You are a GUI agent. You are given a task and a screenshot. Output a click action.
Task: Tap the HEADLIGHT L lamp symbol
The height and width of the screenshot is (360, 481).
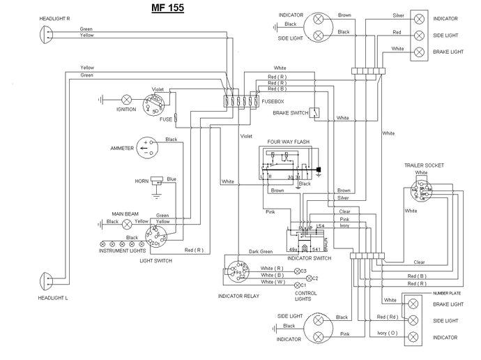[45, 282]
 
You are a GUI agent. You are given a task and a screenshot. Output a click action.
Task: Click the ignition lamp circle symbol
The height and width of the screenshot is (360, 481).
[127, 99]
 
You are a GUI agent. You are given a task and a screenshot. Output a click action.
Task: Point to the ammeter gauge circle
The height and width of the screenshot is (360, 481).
[146, 147]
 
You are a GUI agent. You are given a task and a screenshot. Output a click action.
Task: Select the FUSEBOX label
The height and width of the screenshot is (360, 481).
[273, 103]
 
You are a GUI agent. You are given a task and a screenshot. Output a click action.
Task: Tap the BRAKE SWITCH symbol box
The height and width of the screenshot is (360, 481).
[316, 112]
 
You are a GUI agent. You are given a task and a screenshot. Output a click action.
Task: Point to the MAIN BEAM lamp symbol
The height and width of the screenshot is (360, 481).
[127, 224]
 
